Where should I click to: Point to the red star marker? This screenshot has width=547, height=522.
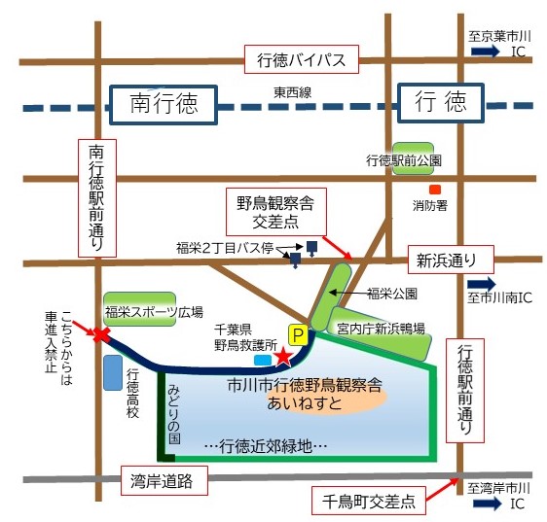282,357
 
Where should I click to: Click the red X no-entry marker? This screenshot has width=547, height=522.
99,335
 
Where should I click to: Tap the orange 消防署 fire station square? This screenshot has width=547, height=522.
435,189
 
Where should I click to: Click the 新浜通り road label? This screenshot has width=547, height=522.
449,259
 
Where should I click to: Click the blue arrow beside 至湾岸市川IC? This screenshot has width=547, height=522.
484,504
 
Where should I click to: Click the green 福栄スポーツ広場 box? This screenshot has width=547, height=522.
140,310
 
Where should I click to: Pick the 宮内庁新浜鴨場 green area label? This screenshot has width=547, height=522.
380,330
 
